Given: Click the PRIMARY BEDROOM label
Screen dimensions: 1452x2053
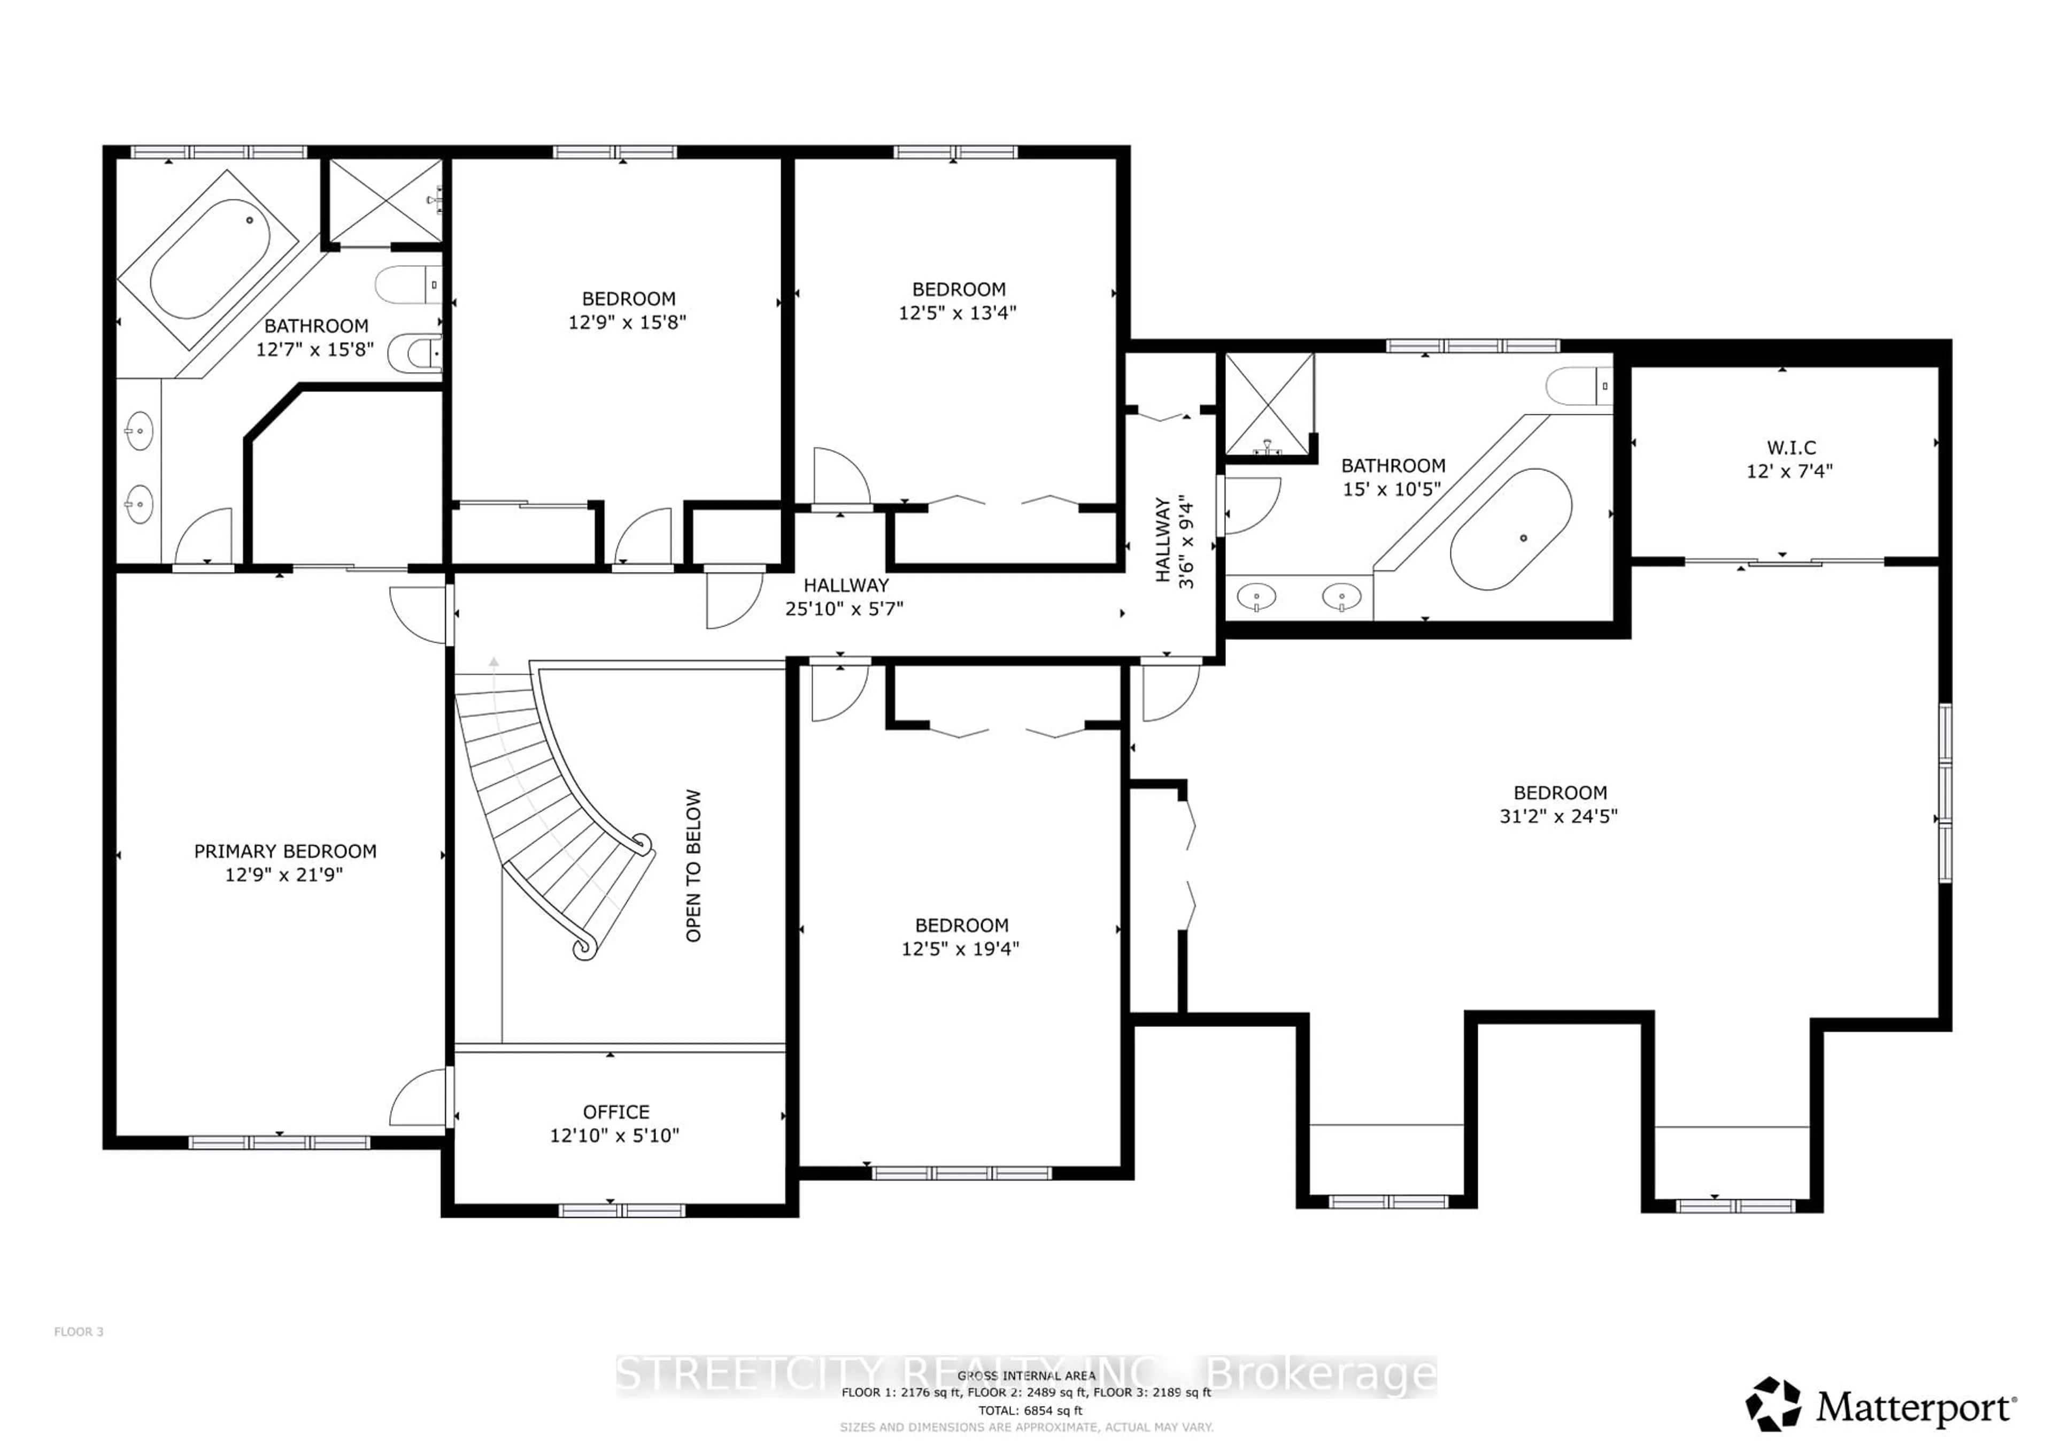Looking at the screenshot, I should tap(285, 851).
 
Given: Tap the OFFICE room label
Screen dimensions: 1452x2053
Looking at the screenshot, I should tap(615, 1111).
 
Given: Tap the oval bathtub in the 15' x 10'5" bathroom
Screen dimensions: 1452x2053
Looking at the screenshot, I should tap(1510, 528).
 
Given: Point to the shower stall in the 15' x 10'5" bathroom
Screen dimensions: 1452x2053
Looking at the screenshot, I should tap(1268, 403).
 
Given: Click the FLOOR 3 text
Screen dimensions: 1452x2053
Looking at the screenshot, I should tap(79, 1331).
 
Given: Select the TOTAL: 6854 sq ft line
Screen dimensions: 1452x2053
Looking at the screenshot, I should tap(1030, 1410).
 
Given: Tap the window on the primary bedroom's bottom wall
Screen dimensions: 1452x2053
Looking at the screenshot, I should tap(279, 1142).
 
